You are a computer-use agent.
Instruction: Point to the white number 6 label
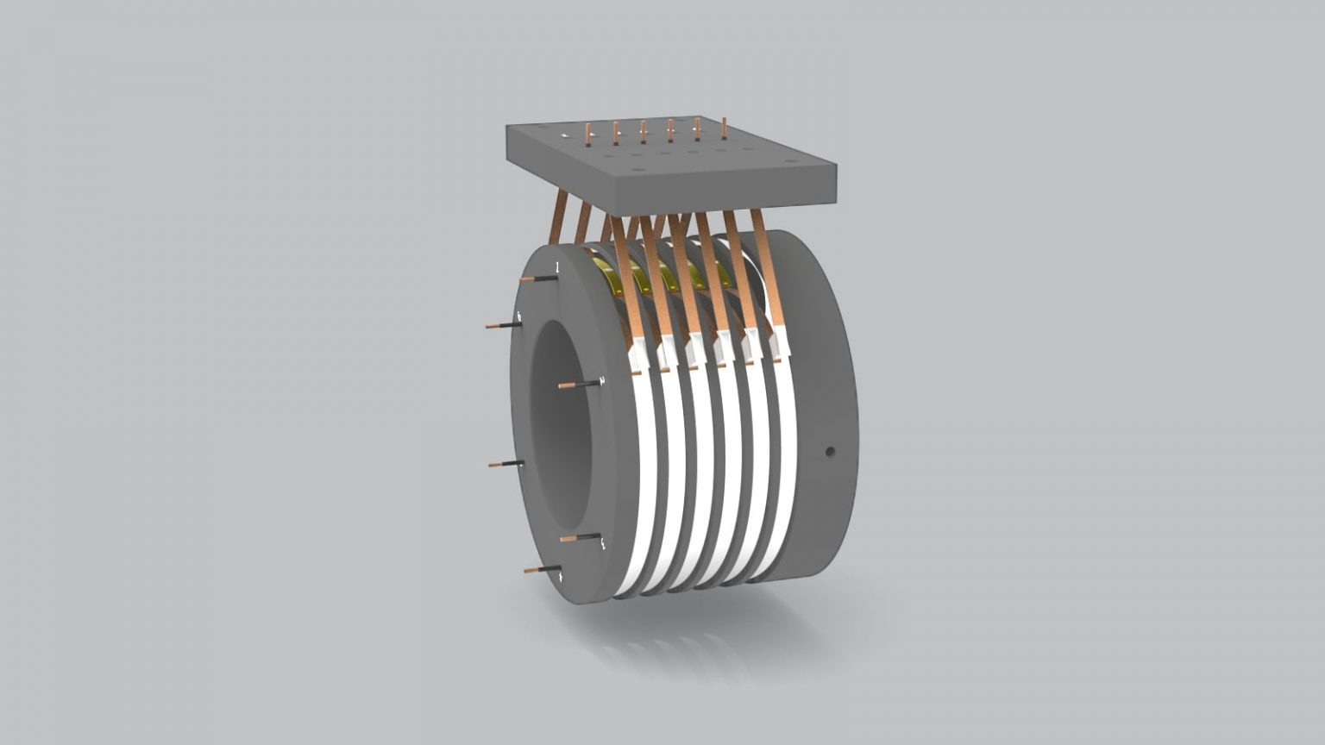click(518, 316)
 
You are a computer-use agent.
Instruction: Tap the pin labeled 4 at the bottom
click(540, 570)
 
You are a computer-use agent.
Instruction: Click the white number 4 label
click(562, 577)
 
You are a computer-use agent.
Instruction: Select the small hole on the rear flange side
click(830, 450)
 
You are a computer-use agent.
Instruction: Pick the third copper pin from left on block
click(643, 131)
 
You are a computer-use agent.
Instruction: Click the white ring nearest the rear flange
click(786, 466)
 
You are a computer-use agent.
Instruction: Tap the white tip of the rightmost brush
click(780, 345)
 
